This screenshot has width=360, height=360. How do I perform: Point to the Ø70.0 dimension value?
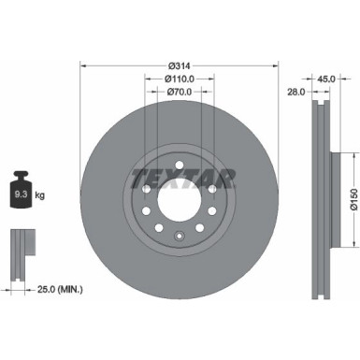(x=180, y=94)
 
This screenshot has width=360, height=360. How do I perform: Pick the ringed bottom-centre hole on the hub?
(x=180, y=234)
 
